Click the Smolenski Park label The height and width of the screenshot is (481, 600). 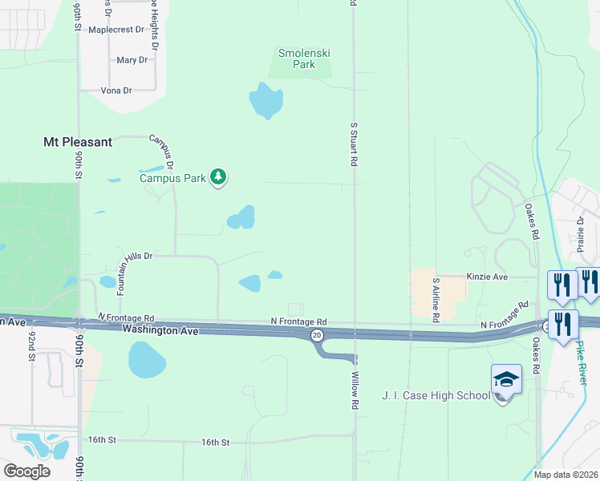click(x=304, y=59)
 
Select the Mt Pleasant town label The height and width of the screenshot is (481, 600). click(x=77, y=142)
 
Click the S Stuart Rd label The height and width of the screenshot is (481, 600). click(x=353, y=144)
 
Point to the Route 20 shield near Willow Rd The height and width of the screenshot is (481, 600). click(x=318, y=334)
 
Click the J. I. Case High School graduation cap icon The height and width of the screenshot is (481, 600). click(x=506, y=378)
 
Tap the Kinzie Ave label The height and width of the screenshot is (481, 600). click(x=487, y=277)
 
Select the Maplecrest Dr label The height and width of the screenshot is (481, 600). click(x=116, y=30)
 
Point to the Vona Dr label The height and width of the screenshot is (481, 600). click(x=116, y=91)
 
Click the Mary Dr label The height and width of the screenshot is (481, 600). click(x=132, y=60)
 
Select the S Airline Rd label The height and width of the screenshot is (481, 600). click(x=436, y=301)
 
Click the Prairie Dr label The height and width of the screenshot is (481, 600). click(x=579, y=232)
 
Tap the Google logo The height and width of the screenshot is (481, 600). click(x=26, y=471)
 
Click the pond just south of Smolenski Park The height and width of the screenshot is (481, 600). click(x=266, y=101)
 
